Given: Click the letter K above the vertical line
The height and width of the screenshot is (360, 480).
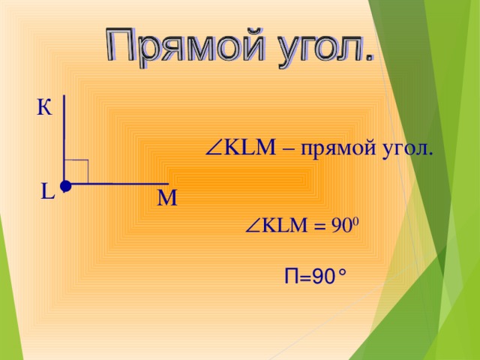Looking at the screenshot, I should [43, 108].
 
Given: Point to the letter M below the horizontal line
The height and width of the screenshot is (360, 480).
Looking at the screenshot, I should [167, 199].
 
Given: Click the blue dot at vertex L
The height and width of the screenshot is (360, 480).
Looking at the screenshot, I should [65, 184].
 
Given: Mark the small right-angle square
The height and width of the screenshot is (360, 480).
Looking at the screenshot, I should [78, 172].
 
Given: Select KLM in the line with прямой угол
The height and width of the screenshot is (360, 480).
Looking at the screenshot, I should [249, 147].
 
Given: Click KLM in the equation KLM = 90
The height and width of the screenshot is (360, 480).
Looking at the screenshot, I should [283, 226].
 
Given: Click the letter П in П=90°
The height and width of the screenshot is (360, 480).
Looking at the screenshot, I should [292, 277].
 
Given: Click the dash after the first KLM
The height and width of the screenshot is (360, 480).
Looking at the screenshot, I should [287, 148].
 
